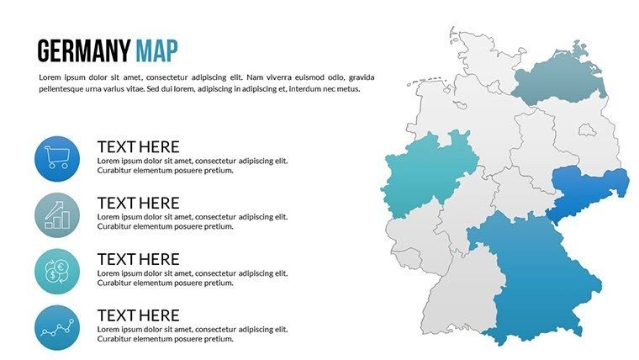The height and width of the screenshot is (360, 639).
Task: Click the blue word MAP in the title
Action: tap(156, 51)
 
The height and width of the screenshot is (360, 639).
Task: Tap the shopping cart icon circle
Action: tap(57, 159)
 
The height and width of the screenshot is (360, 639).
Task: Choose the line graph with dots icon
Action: tap(57, 328)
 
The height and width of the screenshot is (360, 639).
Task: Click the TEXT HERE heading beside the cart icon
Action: tap(138, 146)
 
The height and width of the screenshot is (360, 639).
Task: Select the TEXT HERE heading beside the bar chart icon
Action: tap(138, 203)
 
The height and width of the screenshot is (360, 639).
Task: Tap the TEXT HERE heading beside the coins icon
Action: tap(138, 259)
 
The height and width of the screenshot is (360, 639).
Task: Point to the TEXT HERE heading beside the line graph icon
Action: tap(138, 315)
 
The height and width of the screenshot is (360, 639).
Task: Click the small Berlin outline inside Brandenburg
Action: tap(586, 130)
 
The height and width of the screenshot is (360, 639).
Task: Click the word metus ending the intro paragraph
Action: tap(346, 89)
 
